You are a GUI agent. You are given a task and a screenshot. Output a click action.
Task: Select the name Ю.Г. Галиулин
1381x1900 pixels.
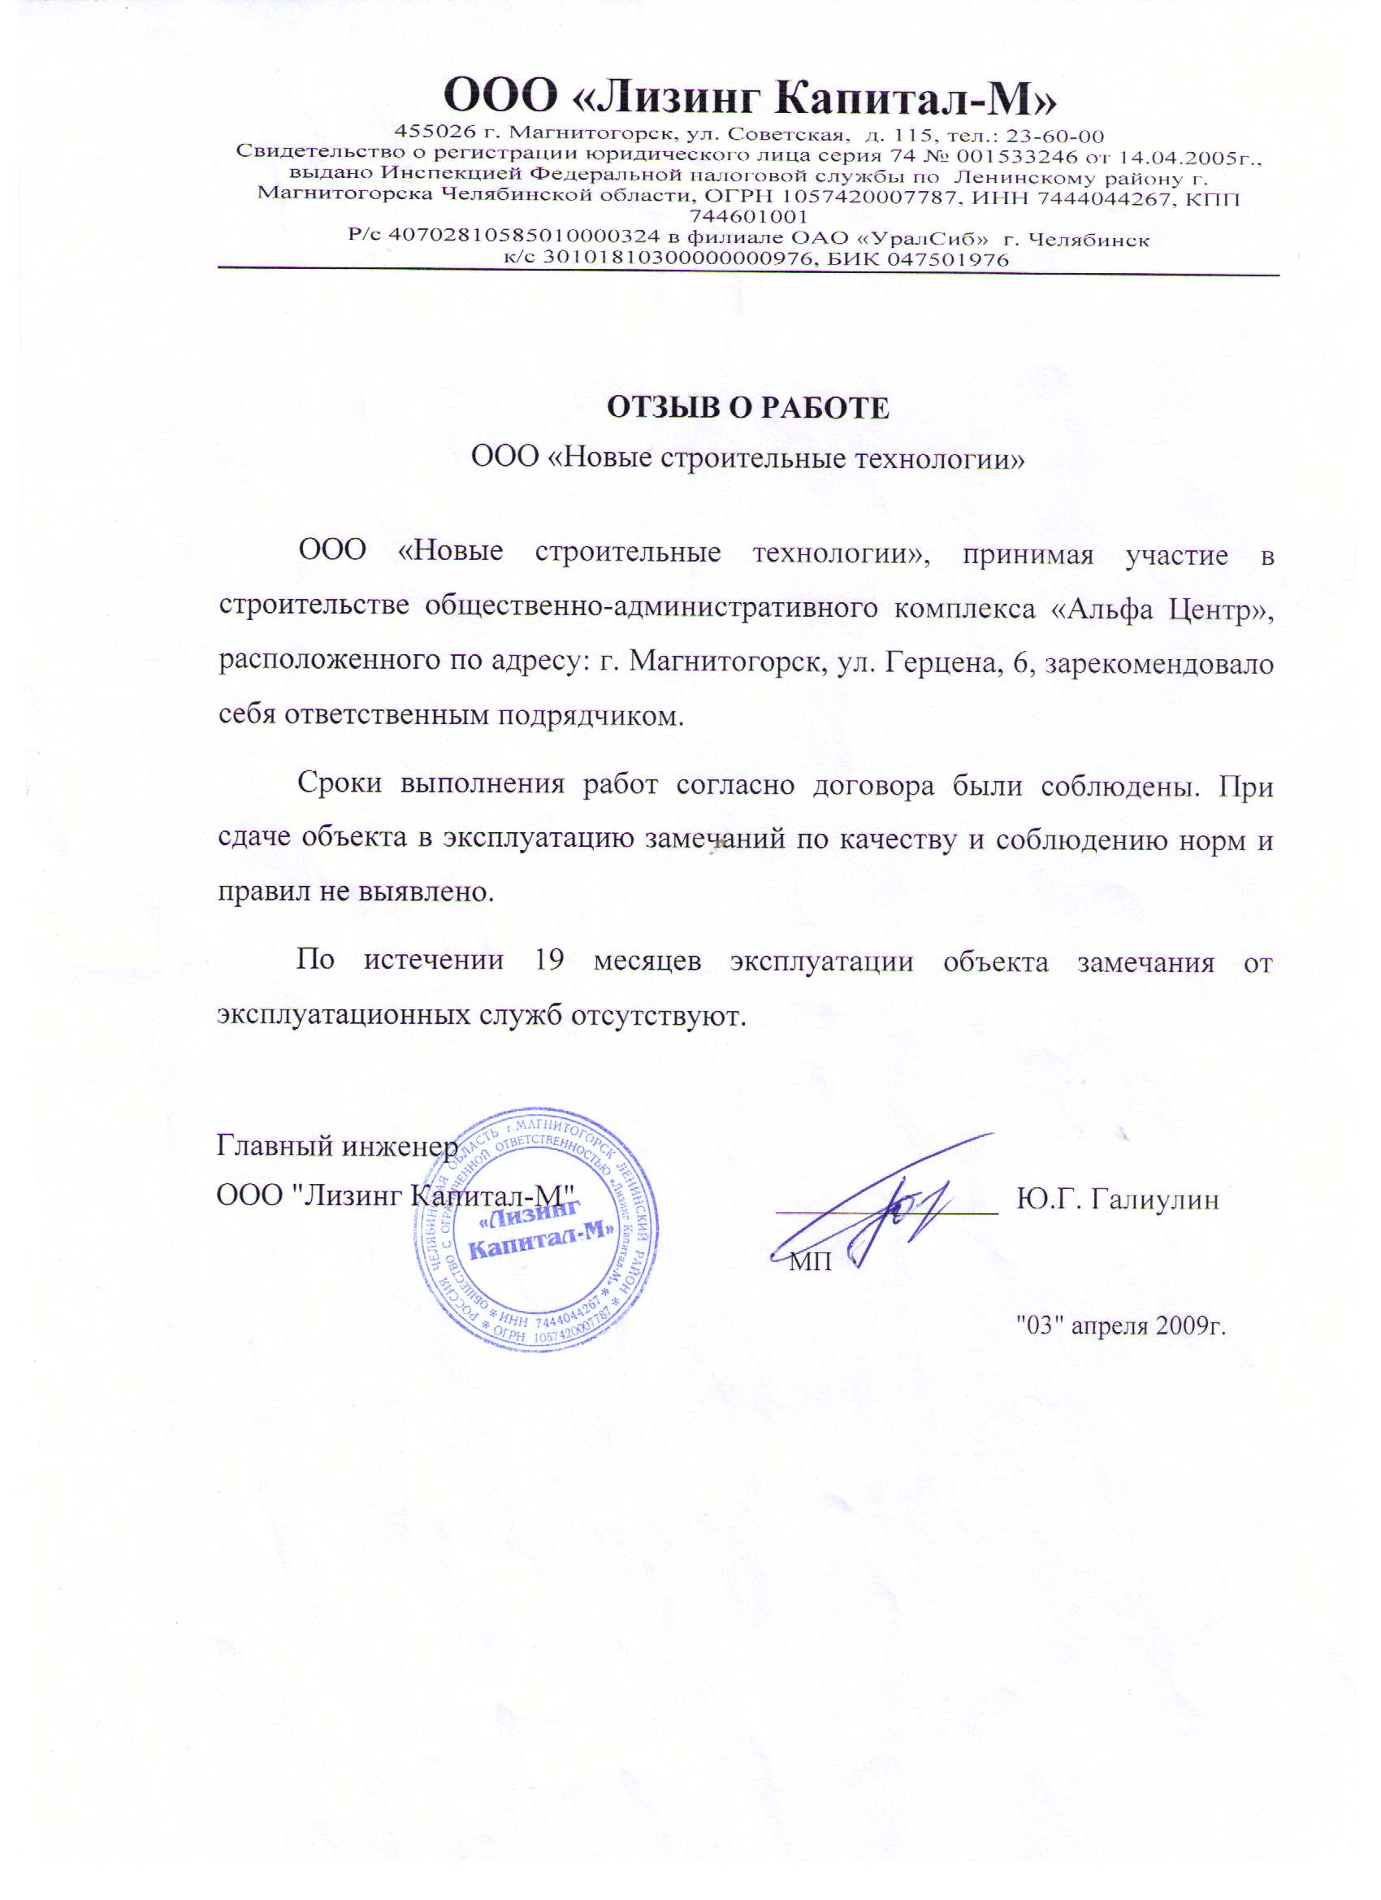[x=1117, y=1199]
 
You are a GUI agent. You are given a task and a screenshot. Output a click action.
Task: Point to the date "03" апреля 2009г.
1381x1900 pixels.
[x=1119, y=1325]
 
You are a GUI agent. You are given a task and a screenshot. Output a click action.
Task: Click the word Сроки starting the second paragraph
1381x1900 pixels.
[x=340, y=787]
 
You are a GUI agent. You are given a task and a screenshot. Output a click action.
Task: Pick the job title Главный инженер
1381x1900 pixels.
[x=337, y=1144]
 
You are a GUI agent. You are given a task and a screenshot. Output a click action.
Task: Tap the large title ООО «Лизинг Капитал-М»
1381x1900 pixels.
[x=750, y=98]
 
